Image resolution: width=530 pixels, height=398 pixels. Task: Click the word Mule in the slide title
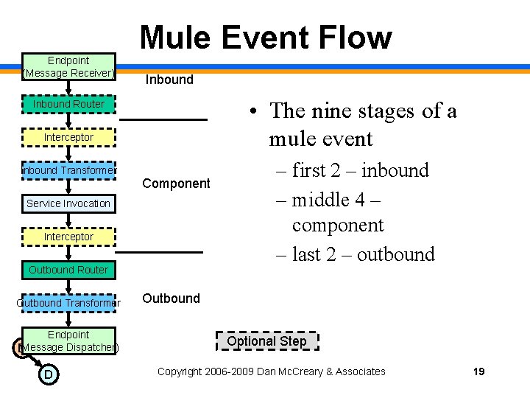[x=178, y=38]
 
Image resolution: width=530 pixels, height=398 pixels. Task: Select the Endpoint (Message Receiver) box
[x=68, y=66]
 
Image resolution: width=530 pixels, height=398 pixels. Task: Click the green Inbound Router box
[x=68, y=104]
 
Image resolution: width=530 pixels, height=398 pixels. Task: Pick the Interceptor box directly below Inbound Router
[x=68, y=137]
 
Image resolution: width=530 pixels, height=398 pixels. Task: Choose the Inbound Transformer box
[x=68, y=170]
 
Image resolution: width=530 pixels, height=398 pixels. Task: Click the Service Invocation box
[x=68, y=203]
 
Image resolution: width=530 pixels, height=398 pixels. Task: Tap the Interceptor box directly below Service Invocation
[x=68, y=237]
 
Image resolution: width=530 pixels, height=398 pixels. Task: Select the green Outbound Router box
[x=68, y=270]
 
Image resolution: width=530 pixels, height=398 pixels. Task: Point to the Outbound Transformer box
[x=68, y=303]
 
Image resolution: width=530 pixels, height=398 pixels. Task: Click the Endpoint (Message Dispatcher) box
[x=68, y=341]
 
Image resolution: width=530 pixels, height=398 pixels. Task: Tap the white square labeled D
[x=48, y=375]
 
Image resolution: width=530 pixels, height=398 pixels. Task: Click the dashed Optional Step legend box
[x=267, y=341]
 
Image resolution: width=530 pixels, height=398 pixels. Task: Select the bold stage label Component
[x=176, y=183]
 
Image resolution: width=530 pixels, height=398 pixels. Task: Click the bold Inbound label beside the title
[x=169, y=80]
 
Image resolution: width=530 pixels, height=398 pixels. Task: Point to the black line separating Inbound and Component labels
[x=164, y=119]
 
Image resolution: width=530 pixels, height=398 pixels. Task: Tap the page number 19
[x=478, y=371]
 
